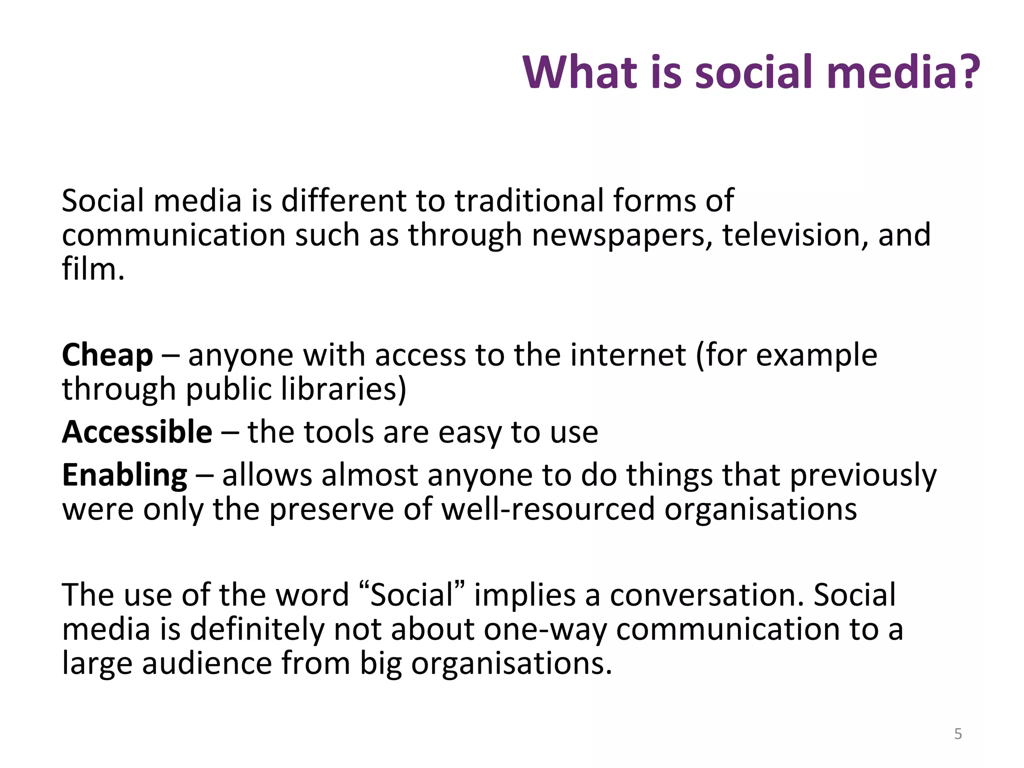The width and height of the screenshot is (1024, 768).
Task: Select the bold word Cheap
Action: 107,355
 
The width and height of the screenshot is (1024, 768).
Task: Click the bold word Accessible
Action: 137,432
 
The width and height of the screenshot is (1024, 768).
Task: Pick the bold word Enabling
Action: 124,475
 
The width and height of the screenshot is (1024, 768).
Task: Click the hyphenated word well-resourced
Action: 548,509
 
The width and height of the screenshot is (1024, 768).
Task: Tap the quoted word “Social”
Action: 412,595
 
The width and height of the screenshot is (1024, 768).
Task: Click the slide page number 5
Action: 958,734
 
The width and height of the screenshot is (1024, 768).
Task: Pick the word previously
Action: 863,475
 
